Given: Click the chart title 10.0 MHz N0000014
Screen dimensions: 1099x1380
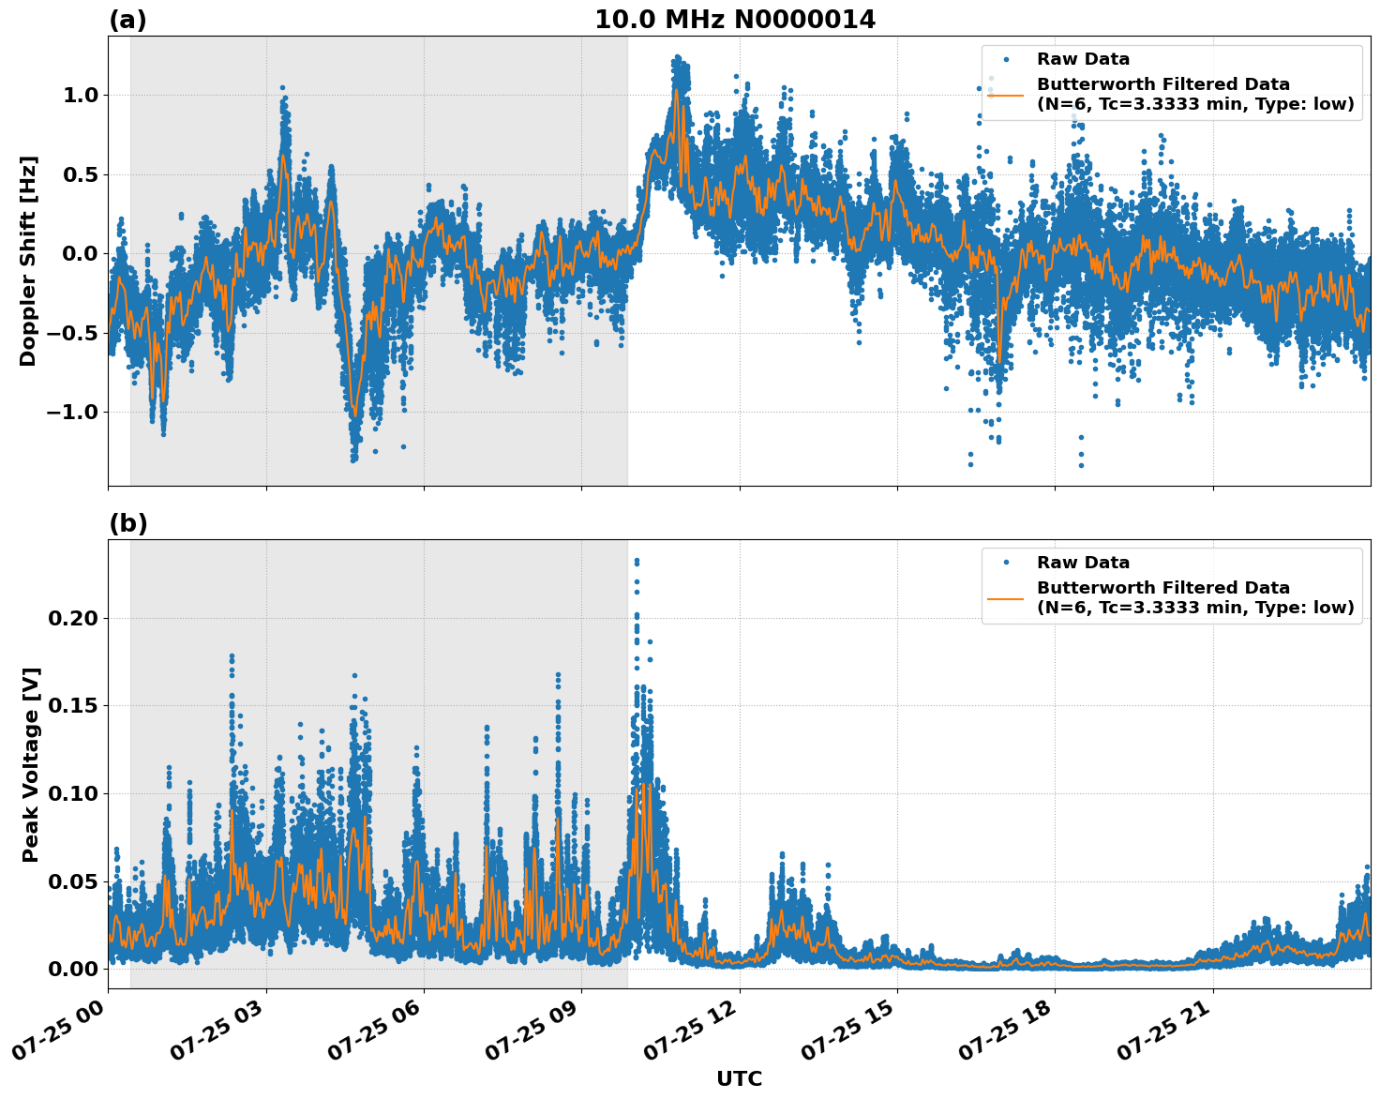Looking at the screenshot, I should pos(735,20).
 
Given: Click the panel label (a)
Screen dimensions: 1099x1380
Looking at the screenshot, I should pos(127,20).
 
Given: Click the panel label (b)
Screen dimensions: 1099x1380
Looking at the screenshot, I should pos(127,523).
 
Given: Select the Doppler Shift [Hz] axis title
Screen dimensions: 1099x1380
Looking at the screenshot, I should pos(29,261).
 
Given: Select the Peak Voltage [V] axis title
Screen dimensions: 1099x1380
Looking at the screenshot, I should pos(31,764).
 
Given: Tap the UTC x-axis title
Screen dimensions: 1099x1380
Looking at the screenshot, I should pos(739,1078).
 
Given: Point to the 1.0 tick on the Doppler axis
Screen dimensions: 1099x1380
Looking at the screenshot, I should pos(78,95).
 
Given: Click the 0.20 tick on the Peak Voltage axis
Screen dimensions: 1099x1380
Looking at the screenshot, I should pos(72,619).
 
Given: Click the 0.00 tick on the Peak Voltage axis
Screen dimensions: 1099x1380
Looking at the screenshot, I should pos(72,970).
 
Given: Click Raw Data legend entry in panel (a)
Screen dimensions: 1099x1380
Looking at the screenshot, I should pos(1083,60).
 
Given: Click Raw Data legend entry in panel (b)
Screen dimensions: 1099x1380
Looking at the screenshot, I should pos(1083,564).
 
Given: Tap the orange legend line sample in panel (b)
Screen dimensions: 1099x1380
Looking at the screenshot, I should pos(1006,598).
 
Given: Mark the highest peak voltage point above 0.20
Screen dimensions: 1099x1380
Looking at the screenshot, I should pos(637,561).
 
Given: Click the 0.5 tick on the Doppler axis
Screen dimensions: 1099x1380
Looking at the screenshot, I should pos(78,174).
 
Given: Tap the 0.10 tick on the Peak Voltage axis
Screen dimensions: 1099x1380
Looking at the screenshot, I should pos(72,794).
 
